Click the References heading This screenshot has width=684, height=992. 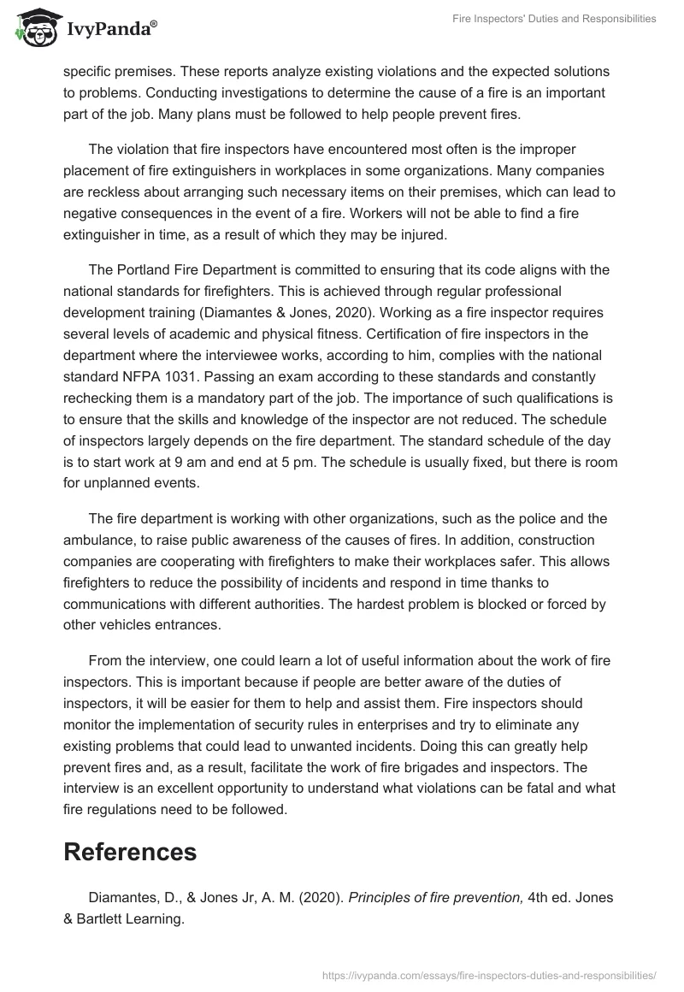(x=130, y=851)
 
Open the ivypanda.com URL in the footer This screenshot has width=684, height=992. (x=488, y=974)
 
